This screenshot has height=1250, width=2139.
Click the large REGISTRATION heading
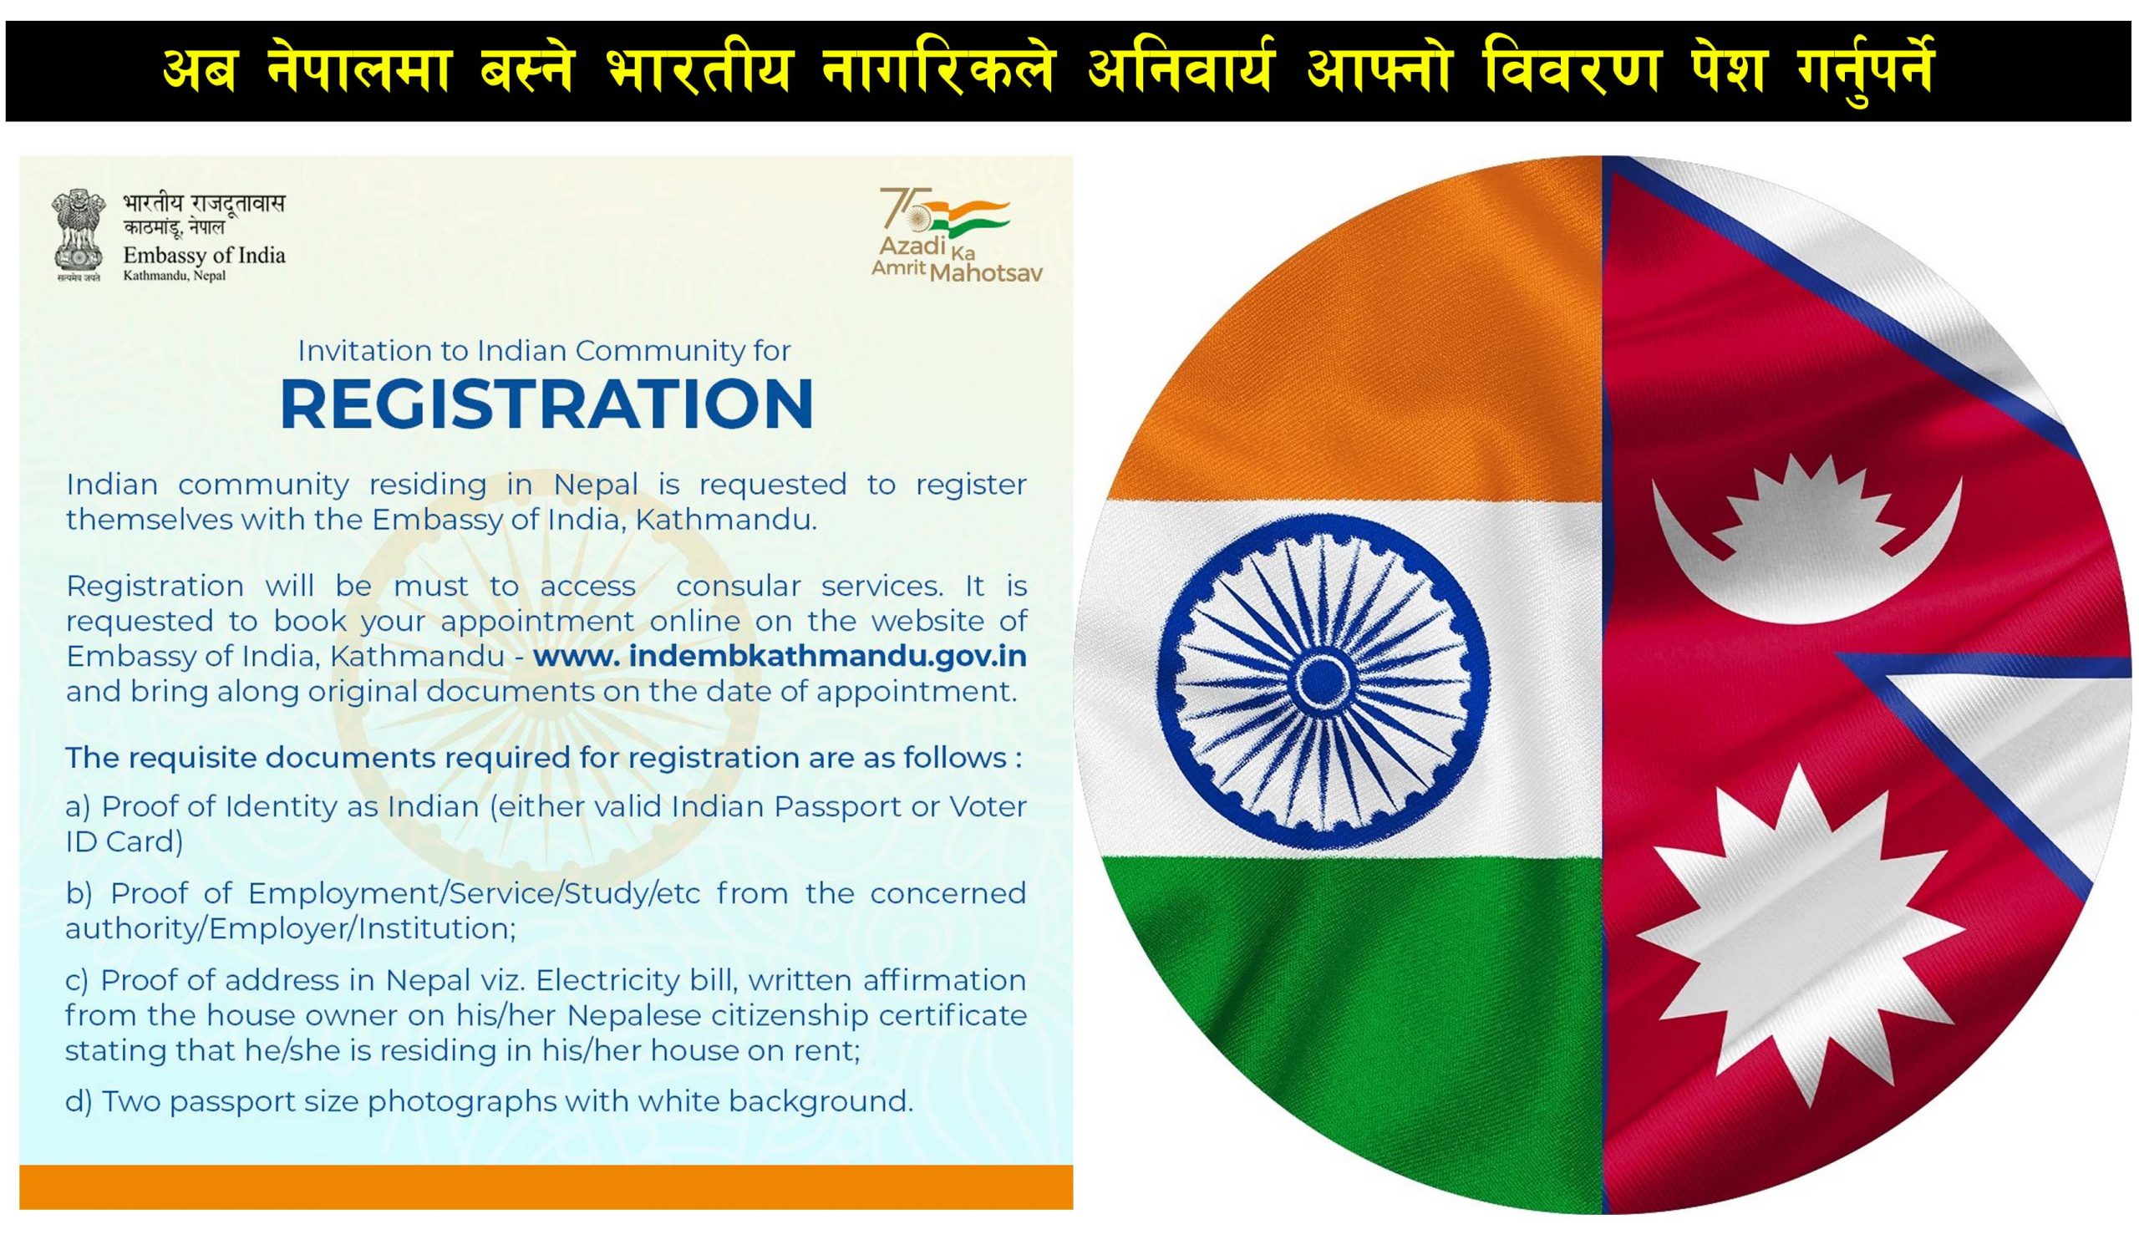pyautogui.click(x=546, y=404)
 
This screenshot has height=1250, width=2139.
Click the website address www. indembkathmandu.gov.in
pyautogui.click(x=780, y=656)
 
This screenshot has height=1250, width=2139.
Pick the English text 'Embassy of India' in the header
pyautogui.click(x=205, y=256)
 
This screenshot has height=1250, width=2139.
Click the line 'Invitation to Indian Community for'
pyautogui.click(x=544, y=350)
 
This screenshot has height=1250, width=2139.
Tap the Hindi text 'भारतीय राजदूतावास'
pyautogui.click(x=204, y=204)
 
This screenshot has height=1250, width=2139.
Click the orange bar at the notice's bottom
pyautogui.click(x=546, y=1187)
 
